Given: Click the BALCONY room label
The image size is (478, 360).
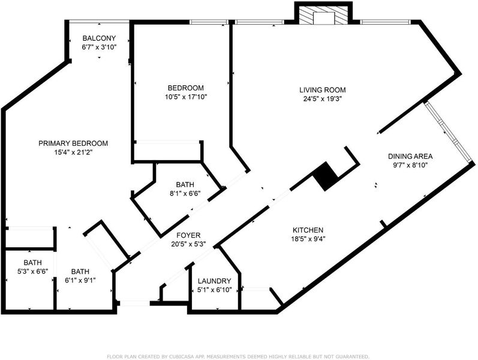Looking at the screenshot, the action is point(99,38).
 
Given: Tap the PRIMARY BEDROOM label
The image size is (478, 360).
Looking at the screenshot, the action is point(73,143).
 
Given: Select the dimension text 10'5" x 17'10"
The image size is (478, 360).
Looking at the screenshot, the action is point(186,97).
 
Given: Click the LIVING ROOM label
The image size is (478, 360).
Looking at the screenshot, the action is point(323,90).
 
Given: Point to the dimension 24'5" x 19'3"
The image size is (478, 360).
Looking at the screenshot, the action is point(323,99).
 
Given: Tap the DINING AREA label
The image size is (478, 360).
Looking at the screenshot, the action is point(410,156).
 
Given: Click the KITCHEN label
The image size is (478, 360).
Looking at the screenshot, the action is point(308,230).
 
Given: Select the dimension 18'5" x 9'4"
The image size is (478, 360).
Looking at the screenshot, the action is point(308,239).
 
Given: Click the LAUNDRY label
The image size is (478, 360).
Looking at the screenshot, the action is point(214,281).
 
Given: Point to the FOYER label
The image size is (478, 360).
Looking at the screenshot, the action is point(188,235).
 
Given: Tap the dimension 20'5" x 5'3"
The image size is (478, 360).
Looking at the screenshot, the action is point(188,244).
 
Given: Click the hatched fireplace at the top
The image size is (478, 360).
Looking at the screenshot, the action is point(323,15).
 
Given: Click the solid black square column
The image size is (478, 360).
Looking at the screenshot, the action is point(326,176).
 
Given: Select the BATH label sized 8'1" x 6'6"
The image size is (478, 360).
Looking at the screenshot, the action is point(185,185).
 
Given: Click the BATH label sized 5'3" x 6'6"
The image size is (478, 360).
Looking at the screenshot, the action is point(32,262).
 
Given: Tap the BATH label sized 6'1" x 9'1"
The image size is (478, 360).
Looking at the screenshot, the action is point(80,271).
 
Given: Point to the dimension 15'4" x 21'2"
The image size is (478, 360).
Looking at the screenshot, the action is point(73,152).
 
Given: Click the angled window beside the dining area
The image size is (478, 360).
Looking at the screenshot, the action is point(447,132).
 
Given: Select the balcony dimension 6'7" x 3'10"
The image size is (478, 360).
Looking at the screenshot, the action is point(99,47).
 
